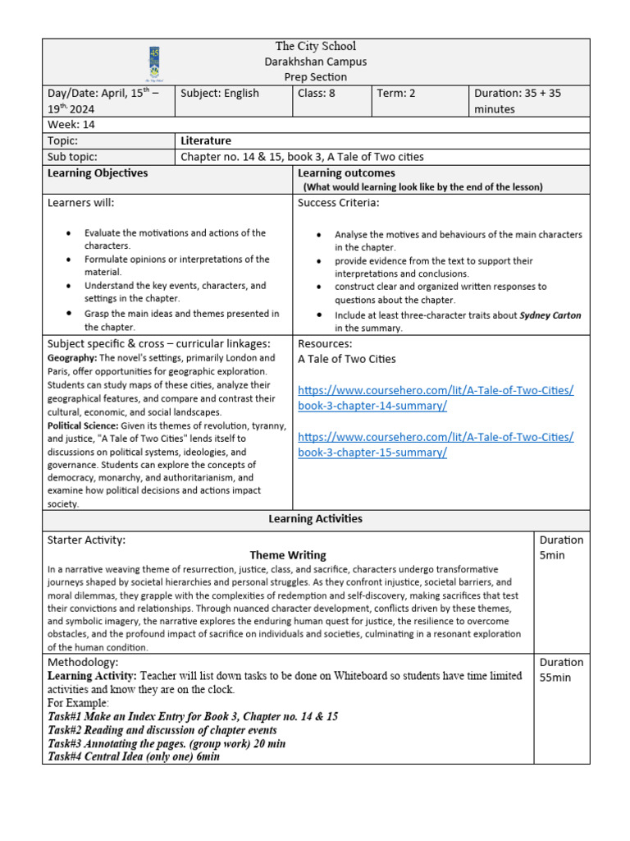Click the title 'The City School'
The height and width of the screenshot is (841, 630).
tap(316, 47)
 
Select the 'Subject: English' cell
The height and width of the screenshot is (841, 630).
tap(219, 94)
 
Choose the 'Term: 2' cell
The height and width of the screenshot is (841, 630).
tap(396, 94)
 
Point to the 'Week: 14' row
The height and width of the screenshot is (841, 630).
tap(72, 125)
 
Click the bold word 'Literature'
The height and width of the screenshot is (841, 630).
tap(206, 141)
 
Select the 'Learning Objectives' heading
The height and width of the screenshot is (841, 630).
tap(98, 173)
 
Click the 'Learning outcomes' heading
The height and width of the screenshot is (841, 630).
tap(346, 173)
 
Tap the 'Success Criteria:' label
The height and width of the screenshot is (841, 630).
tap(339, 203)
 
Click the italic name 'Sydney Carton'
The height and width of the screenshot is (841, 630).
tap(554, 315)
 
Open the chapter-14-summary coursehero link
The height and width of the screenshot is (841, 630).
tap(436, 398)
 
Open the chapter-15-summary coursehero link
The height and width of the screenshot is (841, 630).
tap(436, 444)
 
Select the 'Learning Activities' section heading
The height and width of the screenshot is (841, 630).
tap(316, 519)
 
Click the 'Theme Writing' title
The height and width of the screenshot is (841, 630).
tap(288, 555)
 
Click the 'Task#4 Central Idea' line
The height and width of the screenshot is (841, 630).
tap(134, 756)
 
